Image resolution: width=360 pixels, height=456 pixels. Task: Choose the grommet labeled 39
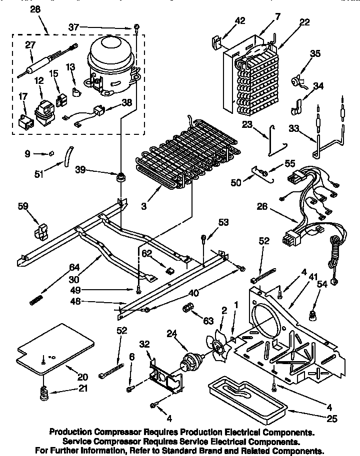coord(120,177)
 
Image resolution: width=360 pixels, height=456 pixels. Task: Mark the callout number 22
coord(304,22)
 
